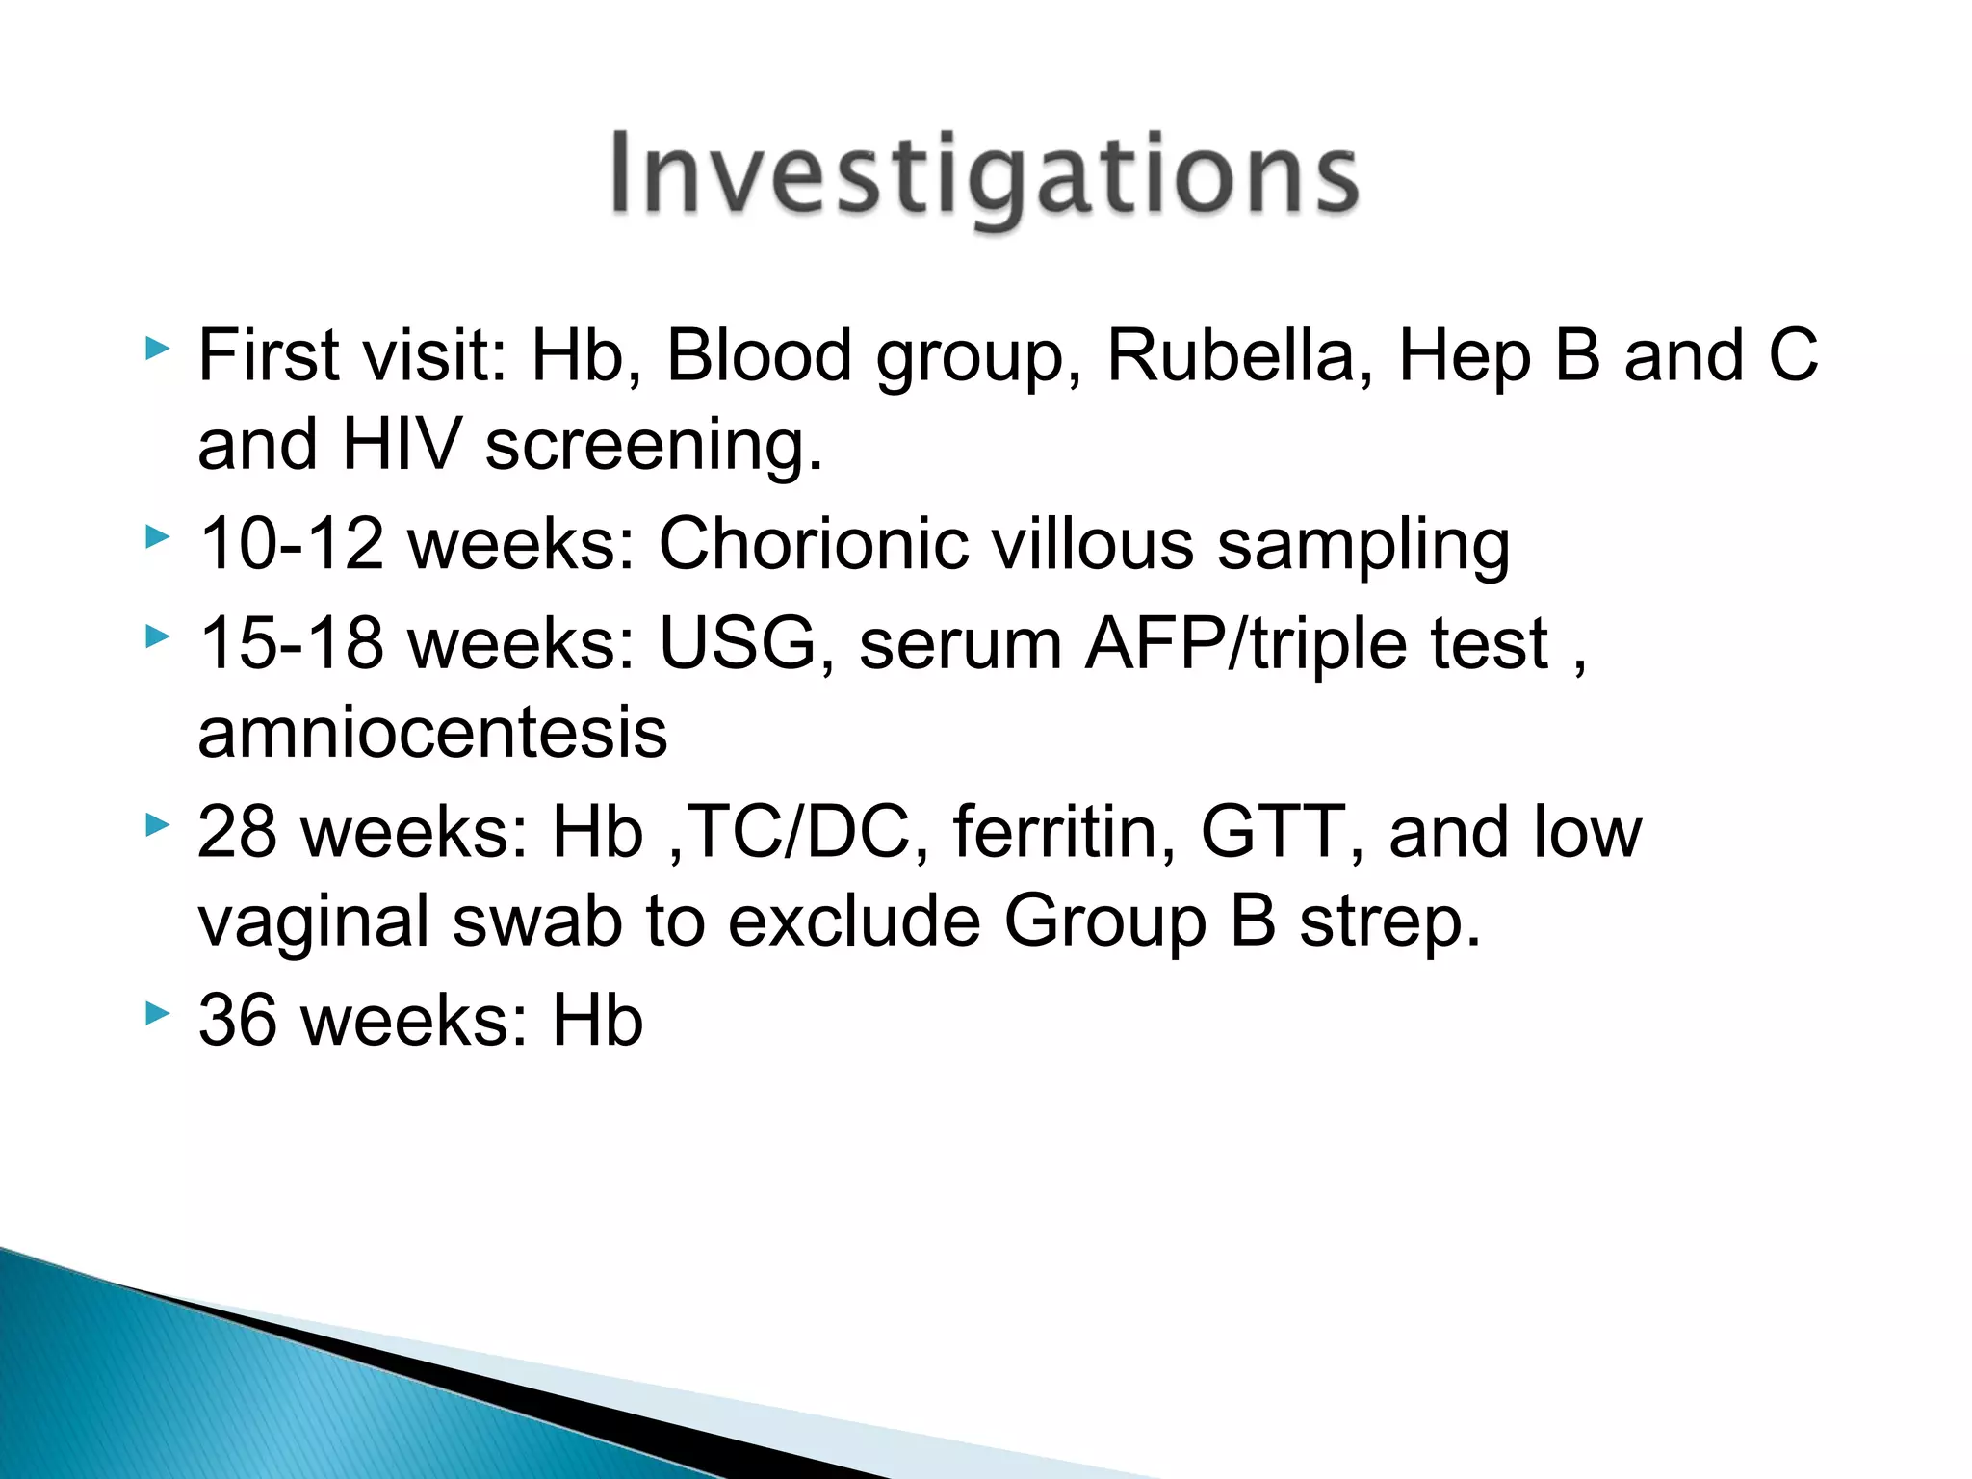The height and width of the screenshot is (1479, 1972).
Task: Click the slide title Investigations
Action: click(x=984, y=174)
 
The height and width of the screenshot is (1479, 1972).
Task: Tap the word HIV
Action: click(x=402, y=445)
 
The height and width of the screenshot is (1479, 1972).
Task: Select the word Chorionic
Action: click(x=813, y=544)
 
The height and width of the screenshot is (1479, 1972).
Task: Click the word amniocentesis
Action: click(x=432, y=733)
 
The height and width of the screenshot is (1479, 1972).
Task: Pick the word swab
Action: click(x=537, y=921)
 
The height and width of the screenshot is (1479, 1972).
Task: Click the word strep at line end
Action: click(x=1388, y=921)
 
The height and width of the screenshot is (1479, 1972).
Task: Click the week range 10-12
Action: click(x=291, y=544)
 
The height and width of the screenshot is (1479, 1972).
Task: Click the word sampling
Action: click(x=1362, y=546)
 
